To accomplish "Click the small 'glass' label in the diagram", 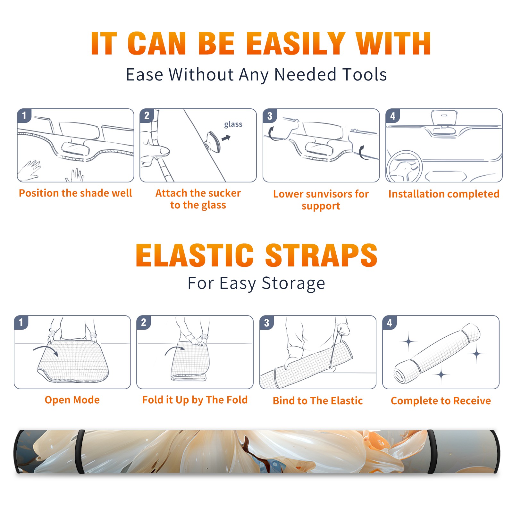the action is [233, 124].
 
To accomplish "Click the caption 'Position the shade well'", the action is [75, 193].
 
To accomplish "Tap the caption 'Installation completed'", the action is [444, 194].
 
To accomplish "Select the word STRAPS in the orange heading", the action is [321, 255].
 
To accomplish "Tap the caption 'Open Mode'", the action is [72, 400].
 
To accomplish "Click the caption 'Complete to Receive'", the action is [441, 401].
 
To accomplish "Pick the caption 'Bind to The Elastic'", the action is [318, 401].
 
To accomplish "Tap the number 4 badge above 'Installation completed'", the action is [393, 116].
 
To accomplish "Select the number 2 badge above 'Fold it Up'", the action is [144, 323].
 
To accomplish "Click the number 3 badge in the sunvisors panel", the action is [270, 116].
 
